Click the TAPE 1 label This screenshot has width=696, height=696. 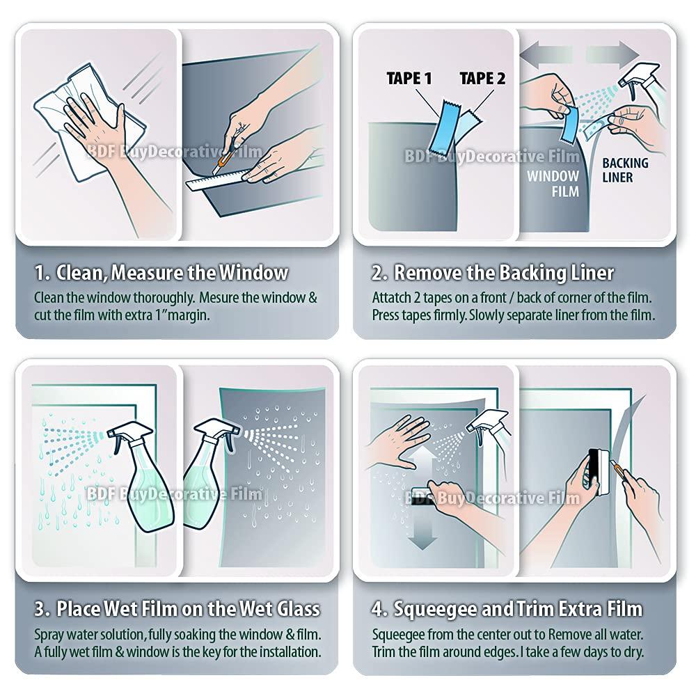click(x=414, y=79)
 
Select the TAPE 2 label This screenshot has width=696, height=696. click(x=482, y=78)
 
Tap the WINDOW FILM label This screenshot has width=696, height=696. click(x=553, y=183)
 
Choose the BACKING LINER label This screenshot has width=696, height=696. click(x=624, y=171)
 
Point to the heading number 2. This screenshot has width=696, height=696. click(x=378, y=271)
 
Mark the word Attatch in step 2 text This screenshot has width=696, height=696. click(x=392, y=297)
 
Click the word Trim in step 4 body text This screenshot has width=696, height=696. click(x=384, y=652)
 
